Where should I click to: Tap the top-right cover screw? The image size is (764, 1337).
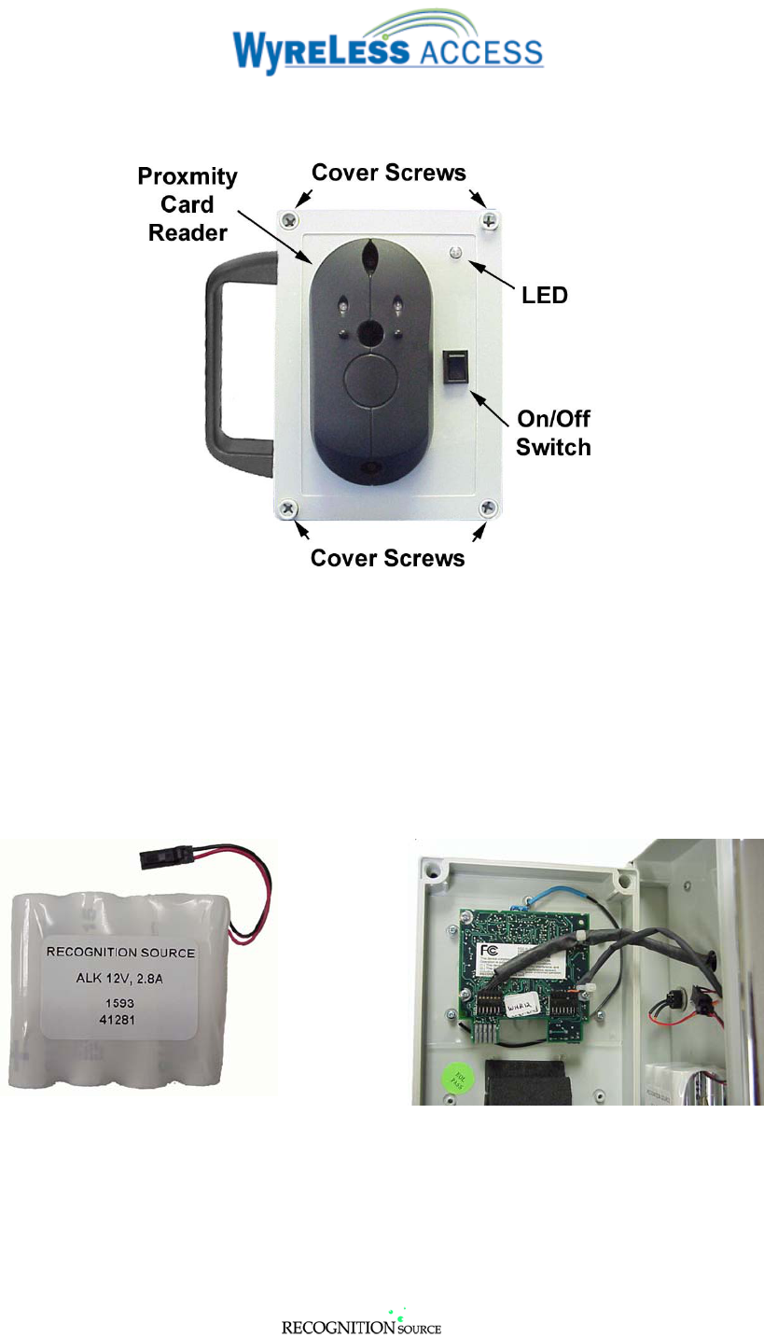(x=490, y=220)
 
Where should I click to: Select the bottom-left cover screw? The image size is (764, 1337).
(x=288, y=508)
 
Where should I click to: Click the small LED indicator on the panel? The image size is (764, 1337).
(x=456, y=252)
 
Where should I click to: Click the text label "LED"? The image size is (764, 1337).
(x=545, y=296)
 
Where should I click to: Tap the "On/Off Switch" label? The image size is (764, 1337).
(x=553, y=432)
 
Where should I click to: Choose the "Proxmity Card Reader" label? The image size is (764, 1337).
(x=188, y=204)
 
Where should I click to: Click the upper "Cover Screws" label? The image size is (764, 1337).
(x=388, y=173)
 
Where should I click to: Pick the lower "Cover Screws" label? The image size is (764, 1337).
(x=387, y=558)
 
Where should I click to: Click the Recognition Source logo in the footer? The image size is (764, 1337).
(x=361, y=1325)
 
